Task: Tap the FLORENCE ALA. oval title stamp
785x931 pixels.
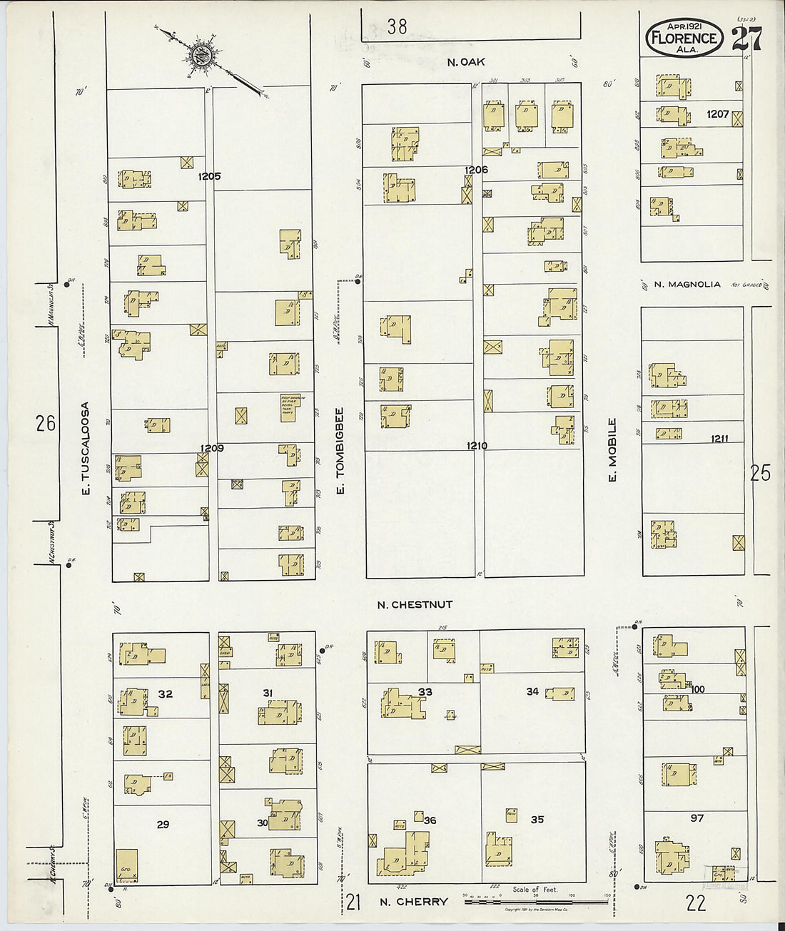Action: (x=684, y=37)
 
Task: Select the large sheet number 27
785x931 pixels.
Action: (x=746, y=39)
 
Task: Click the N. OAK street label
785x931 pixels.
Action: (x=466, y=62)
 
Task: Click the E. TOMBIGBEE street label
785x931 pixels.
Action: (x=340, y=450)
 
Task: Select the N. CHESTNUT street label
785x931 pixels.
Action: (x=415, y=604)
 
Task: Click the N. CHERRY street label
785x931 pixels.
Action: (x=413, y=902)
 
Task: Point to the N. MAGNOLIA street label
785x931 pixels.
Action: (x=687, y=285)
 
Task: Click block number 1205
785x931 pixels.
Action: (x=210, y=176)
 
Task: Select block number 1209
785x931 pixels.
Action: (x=211, y=448)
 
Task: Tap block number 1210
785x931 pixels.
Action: (x=477, y=446)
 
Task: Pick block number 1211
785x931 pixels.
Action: (x=719, y=439)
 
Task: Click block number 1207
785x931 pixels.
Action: (x=717, y=114)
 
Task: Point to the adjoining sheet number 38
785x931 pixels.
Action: (x=397, y=26)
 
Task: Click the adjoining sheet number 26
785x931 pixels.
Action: (x=46, y=423)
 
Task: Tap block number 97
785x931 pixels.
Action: (x=697, y=818)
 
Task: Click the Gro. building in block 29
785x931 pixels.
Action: (x=127, y=865)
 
